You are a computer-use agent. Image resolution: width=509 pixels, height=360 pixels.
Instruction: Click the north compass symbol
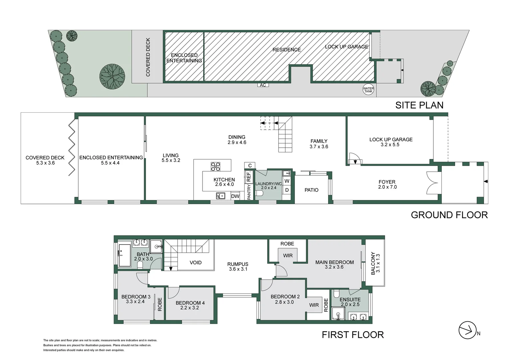[x=467, y=330]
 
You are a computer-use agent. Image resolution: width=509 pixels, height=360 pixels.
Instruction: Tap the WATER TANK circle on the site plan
[x=368, y=90]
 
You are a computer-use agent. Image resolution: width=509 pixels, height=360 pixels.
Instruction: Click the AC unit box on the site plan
[x=263, y=85]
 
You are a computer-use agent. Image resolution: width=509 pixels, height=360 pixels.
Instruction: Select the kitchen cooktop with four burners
[x=215, y=166]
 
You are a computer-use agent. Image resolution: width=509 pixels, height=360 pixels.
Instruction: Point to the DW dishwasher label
[x=235, y=196]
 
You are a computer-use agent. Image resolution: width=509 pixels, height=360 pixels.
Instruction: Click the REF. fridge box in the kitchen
[x=249, y=177]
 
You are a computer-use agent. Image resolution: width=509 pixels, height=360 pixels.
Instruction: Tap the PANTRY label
[x=249, y=192]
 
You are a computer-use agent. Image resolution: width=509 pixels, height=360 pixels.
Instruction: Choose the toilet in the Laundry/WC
[x=259, y=193]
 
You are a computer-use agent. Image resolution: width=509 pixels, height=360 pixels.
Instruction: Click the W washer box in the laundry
[x=287, y=181]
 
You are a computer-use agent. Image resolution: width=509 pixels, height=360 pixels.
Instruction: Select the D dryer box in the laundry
[x=287, y=190]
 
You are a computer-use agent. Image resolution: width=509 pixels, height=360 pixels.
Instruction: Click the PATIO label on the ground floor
[x=311, y=190]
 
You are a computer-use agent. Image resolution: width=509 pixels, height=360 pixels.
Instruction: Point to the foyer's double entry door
[x=432, y=183]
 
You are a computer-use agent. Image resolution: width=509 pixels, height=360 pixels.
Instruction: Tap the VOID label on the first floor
[x=196, y=263]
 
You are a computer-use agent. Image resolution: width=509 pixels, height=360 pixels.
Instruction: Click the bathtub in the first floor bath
[x=125, y=255]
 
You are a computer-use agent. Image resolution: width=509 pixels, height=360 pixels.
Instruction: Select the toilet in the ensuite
[x=337, y=294]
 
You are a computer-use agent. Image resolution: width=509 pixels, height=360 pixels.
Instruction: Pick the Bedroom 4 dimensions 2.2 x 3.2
[x=190, y=308]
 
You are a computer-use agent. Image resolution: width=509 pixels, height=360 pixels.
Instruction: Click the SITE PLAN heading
[x=419, y=105]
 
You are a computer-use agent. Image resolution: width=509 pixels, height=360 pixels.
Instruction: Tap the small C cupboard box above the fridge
[x=250, y=165]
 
